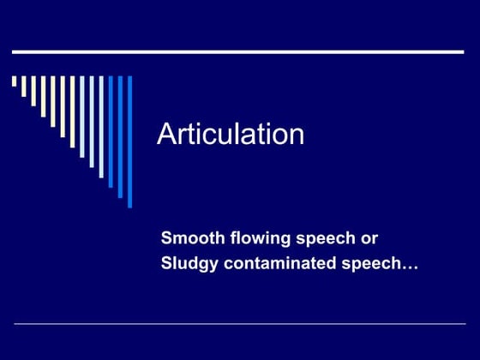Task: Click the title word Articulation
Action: [x=231, y=135]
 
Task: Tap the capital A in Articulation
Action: [x=166, y=135]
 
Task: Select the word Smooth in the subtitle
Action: [x=189, y=237]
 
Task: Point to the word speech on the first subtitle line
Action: [x=324, y=238]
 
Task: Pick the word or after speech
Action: [x=369, y=237]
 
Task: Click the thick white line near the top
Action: [x=238, y=52]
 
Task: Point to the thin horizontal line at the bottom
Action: [x=238, y=324]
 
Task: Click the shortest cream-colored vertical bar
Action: [x=14, y=82]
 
